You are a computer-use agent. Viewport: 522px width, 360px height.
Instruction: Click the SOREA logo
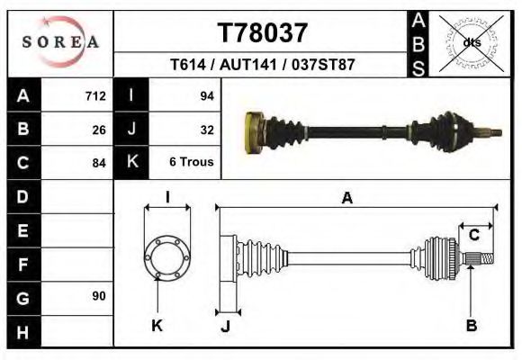click(60, 42)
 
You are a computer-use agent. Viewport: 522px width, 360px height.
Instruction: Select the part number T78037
click(263, 33)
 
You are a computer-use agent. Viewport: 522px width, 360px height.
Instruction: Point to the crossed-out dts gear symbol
click(470, 42)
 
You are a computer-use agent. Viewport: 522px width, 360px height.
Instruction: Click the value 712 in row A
click(95, 96)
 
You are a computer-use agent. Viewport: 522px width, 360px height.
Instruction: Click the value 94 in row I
click(206, 96)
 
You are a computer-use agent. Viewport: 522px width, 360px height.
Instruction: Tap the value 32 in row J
click(206, 130)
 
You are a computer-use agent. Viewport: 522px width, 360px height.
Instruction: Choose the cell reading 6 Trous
click(192, 163)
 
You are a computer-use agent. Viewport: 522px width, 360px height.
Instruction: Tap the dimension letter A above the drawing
click(346, 199)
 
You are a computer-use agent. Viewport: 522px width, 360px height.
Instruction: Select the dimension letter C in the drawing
click(472, 236)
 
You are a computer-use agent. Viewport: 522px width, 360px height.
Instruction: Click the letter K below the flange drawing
click(156, 326)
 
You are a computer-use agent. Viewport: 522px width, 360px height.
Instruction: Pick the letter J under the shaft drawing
click(226, 327)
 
